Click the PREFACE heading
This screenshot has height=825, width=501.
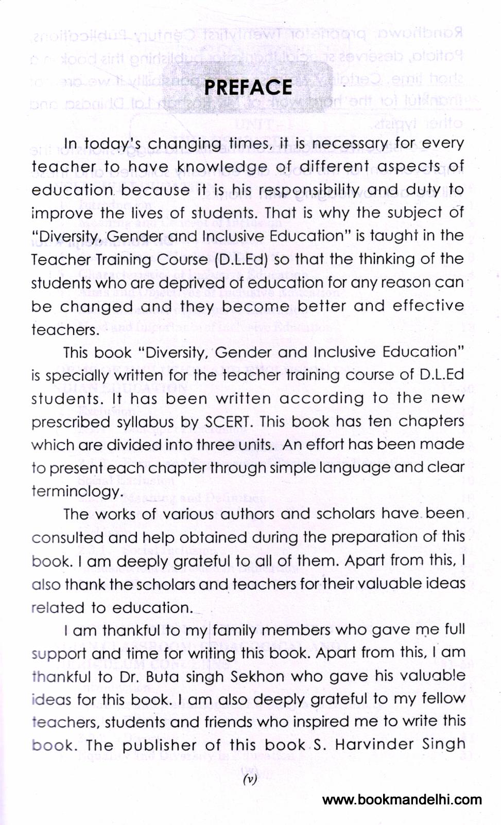pos(248,87)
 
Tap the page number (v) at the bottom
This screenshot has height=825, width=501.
pos(250,779)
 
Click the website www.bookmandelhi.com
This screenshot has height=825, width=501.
pos(402,800)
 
